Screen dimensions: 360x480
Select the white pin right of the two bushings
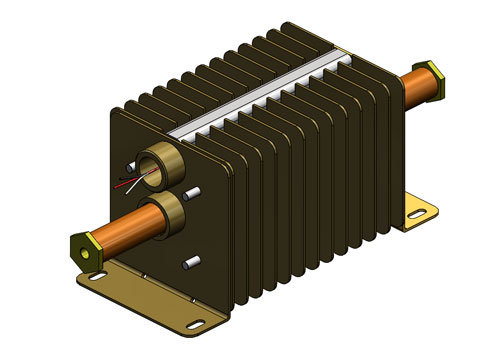tap(195, 191)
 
